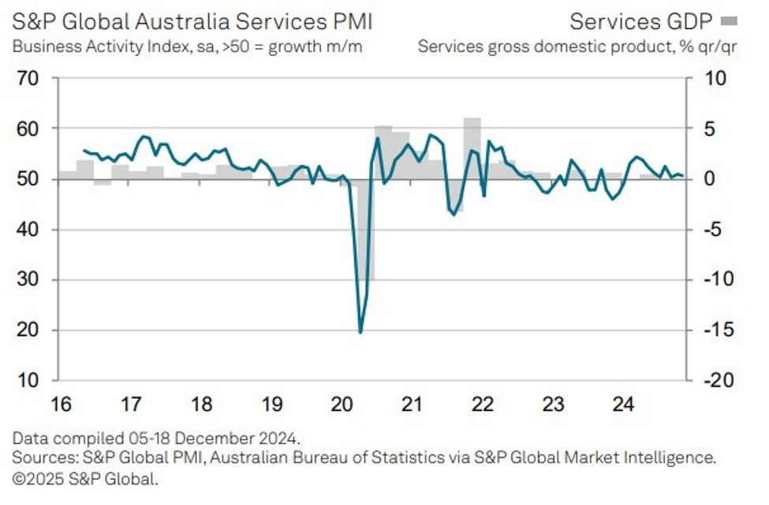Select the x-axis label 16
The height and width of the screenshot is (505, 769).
point(63,405)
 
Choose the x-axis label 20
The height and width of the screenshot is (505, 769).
point(342,405)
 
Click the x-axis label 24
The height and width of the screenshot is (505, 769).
point(622,405)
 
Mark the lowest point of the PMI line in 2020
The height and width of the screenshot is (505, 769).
point(360,331)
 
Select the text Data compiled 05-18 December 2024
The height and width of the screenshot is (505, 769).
point(156,437)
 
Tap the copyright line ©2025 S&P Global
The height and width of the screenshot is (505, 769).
point(85,477)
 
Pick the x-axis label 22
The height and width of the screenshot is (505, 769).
point(482,405)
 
